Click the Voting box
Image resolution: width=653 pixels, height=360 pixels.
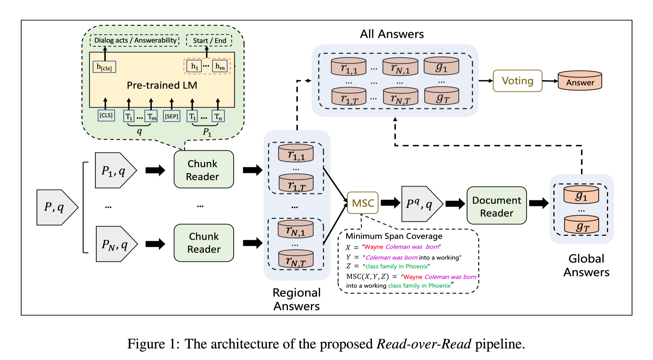(x=517, y=81)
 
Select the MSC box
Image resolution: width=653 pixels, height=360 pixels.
(x=362, y=203)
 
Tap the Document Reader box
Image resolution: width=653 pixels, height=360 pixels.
(x=497, y=206)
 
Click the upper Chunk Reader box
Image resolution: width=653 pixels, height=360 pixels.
(x=204, y=170)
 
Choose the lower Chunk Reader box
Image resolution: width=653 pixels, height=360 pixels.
(x=204, y=243)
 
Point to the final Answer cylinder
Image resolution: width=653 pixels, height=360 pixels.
(x=580, y=81)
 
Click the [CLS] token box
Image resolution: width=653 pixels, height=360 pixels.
(x=106, y=115)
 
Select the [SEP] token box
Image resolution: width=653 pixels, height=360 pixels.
(x=172, y=116)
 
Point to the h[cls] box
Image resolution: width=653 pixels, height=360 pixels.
(x=104, y=67)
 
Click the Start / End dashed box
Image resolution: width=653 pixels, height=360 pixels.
(x=209, y=40)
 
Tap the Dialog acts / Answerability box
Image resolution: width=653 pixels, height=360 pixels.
(x=135, y=40)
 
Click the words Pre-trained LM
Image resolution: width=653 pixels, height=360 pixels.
(x=162, y=85)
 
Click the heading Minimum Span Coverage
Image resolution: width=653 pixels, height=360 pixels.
(x=394, y=236)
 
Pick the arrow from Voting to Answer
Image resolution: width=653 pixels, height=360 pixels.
(x=550, y=81)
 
